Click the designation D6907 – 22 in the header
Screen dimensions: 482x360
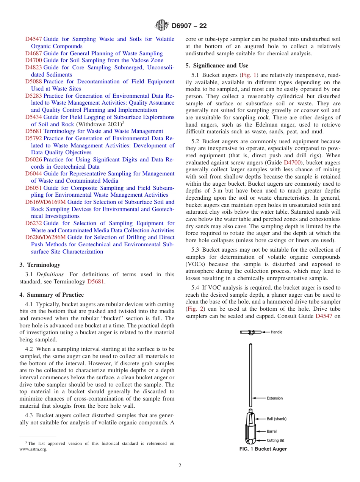coord(189,26)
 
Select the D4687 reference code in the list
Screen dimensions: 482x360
coord(33,53)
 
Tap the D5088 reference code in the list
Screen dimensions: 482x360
coord(33,81)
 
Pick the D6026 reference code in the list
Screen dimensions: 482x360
coord(33,160)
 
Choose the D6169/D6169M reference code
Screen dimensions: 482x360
coord(45,202)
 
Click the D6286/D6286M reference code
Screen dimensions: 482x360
coord(45,237)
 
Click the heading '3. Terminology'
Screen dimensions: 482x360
coord(40,265)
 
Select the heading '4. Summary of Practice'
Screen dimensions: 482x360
coord(52,295)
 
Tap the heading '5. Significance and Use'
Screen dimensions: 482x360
coord(216,66)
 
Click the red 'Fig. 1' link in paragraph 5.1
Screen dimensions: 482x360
coord(249,75)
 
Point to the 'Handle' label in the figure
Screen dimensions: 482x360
coord(276,332)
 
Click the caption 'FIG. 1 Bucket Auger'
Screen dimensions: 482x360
coord(263,449)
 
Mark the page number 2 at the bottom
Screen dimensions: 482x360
coord(180,466)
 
